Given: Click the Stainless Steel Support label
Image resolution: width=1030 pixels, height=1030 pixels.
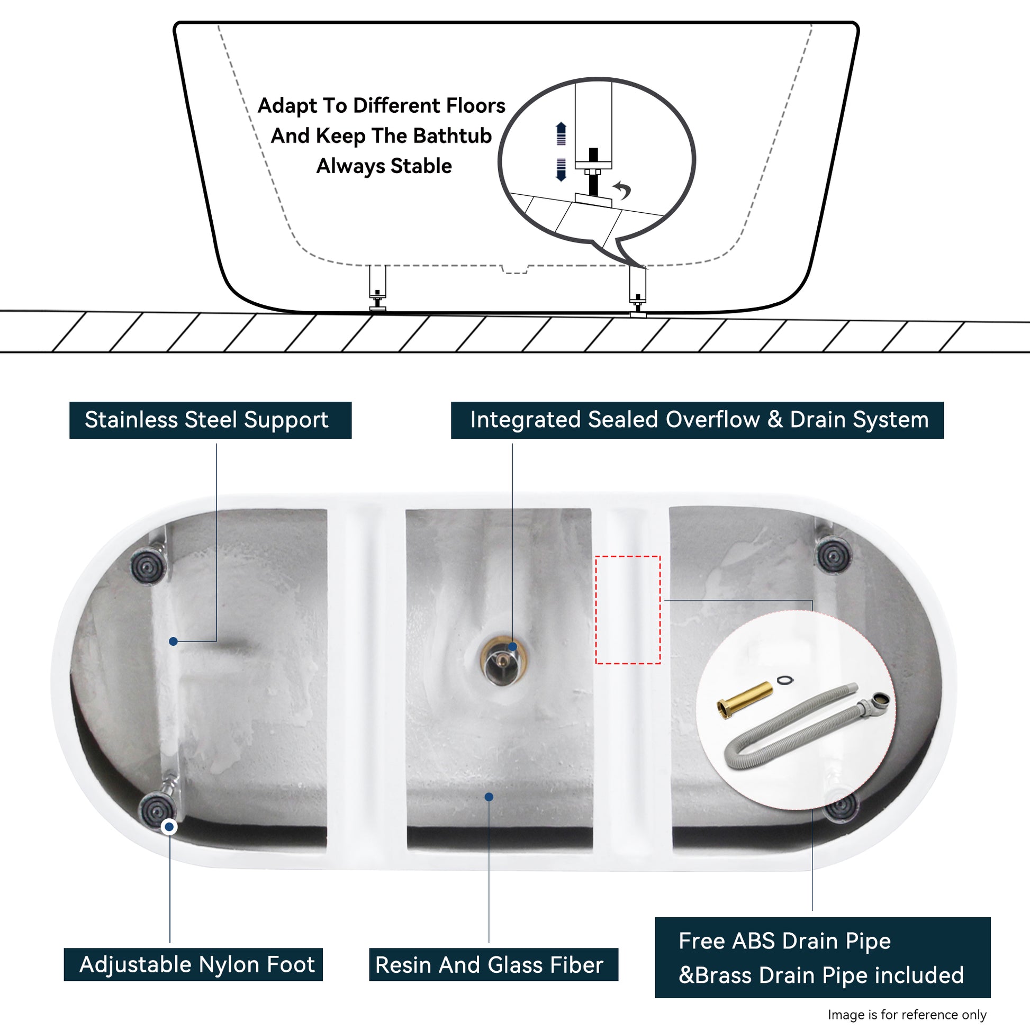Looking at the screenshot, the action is (x=210, y=420).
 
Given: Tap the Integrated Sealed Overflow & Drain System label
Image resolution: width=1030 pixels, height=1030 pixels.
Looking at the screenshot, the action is (x=697, y=420).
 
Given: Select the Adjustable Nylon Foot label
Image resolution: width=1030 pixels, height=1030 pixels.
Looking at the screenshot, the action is (x=194, y=964).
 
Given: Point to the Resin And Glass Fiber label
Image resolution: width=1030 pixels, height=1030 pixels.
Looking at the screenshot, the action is (x=494, y=964).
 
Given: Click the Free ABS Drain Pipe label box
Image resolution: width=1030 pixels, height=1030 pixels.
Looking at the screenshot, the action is (x=823, y=957).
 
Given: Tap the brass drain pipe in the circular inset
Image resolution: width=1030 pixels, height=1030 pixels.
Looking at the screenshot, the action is (x=744, y=701).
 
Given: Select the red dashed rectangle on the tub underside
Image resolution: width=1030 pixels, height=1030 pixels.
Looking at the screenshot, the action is (x=628, y=610).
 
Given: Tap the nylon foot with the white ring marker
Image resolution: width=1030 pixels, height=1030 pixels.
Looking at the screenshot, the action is (x=156, y=810).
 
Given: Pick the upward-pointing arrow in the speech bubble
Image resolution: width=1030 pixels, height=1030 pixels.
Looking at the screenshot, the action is (x=561, y=133).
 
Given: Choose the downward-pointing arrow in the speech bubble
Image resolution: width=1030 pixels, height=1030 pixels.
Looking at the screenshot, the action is (x=561, y=169).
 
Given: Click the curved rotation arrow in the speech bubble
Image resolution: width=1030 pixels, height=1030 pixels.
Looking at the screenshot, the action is (x=622, y=189).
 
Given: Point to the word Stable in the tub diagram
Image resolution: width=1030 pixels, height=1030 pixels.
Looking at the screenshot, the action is (x=421, y=166).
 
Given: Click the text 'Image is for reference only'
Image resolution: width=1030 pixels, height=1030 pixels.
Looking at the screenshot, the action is (x=907, y=1015).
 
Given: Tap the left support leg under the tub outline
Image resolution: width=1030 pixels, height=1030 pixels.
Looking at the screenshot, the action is (x=377, y=288).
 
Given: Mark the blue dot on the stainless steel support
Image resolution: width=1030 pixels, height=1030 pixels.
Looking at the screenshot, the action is (x=173, y=642).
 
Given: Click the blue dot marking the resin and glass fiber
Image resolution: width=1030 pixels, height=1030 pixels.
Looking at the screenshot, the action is (x=489, y=797).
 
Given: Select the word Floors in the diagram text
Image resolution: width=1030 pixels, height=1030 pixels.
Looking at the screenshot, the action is (x=475, y=105).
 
